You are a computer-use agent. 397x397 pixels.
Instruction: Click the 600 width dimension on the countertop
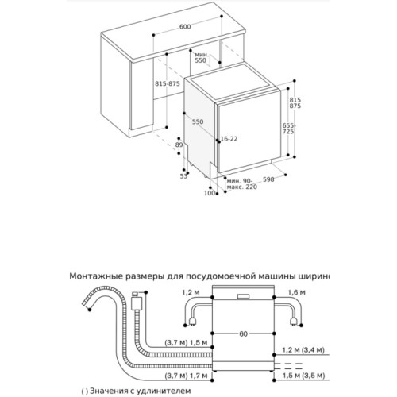click(x=185, y=27)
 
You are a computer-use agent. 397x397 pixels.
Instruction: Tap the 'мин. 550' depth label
click(x=201, y=57)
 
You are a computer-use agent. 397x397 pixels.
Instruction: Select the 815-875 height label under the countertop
click(x=168, y=84)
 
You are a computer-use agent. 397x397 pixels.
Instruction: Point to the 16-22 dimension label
click(x=229, y=139)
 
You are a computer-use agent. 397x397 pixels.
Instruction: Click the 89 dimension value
click(x=179, y=145)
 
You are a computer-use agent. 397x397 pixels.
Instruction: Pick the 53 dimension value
click(x=183, y=176)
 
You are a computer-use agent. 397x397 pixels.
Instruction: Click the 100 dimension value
click(x=209, y=193)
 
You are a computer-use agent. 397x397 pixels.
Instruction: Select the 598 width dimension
click(x=268, y=179)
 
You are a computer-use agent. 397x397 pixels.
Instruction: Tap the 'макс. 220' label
click(x=241, y=187)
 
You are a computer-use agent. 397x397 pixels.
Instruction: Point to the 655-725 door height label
click(x=288, y=128)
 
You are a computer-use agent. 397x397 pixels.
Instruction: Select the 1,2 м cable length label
click(x=191, y=292)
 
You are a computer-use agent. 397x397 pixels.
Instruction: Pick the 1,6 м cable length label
click(x=296, y=292)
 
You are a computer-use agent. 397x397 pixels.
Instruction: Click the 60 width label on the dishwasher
click(x=243, y=334)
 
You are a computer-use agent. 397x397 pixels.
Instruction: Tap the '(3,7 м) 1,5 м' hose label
click(x=186, y=343)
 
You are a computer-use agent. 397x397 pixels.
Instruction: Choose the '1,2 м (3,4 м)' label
click(x=303, y=350)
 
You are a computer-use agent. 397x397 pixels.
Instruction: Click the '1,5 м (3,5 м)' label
click(x=303, y=376)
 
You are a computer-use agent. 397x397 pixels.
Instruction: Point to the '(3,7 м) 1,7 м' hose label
click(x=186, y=376)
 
